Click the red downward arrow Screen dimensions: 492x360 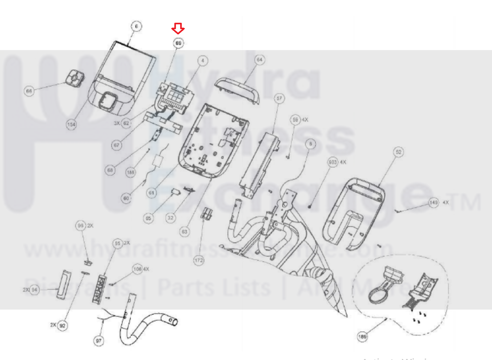[178, 28]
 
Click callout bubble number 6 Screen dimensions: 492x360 [136, 26]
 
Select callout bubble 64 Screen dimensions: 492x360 [259, 60]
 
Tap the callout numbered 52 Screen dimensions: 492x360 [398, 152]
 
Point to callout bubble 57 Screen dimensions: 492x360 [279, 98]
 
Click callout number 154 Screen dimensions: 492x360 [71, 124]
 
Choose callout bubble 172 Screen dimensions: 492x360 [199, 261]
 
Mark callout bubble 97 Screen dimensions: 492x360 [98, 341]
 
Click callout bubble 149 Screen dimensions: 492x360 [434, 202]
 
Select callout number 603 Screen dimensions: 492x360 [333, 162]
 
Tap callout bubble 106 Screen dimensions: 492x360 [137, 269]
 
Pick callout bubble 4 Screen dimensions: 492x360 [202, 61]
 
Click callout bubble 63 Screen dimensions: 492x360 [184, 232]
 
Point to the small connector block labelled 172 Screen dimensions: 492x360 [206, 213]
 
